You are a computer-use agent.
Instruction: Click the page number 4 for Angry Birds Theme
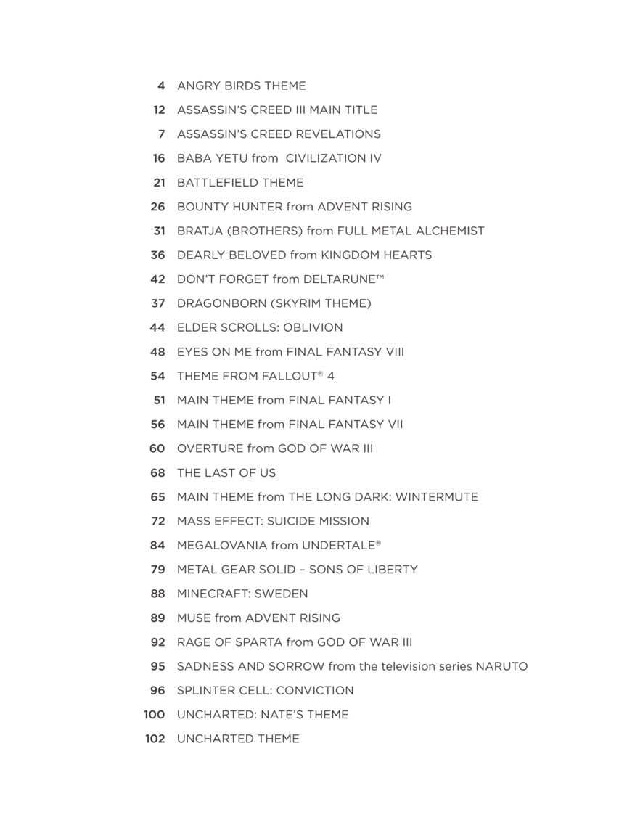(x=161, y=86)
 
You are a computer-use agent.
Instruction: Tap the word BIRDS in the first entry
(x=240, y=86)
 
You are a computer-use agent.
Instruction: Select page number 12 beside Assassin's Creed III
(x=159, y=110)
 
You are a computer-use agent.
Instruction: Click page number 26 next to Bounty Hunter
(x=157, y=207)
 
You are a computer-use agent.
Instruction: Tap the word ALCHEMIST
(x=449, y=231)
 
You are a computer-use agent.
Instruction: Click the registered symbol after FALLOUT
(x=320, y=373)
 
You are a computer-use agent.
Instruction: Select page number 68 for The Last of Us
(x=157, y=473)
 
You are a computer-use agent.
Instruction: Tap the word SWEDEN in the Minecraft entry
(x=282, y=594)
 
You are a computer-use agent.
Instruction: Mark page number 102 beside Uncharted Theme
(x=155, y=739)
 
